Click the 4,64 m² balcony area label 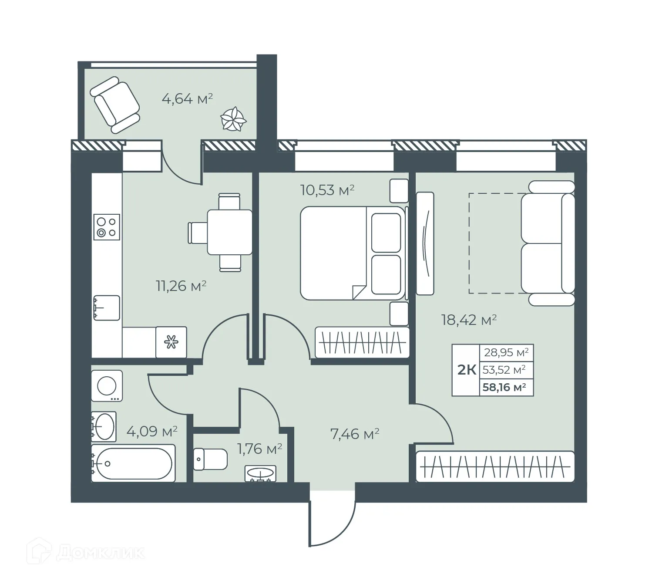pos(187,99)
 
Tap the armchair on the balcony pos(114,105)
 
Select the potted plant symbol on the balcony pos(233,119)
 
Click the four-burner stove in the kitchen pos(107,227)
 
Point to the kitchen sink pos(106,307)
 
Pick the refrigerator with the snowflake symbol pos(171,342)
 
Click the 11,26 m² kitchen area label pos(181,286)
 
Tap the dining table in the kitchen pos(229,232)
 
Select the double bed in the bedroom pos(353,253)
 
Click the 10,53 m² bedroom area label pos(327,190)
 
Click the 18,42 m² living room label pos(469,321)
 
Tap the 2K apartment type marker pos(466,370)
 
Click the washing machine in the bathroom pos(107,386)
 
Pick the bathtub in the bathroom pos(133,463)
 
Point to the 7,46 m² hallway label pos(355,434)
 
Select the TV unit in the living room pos(425,243)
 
